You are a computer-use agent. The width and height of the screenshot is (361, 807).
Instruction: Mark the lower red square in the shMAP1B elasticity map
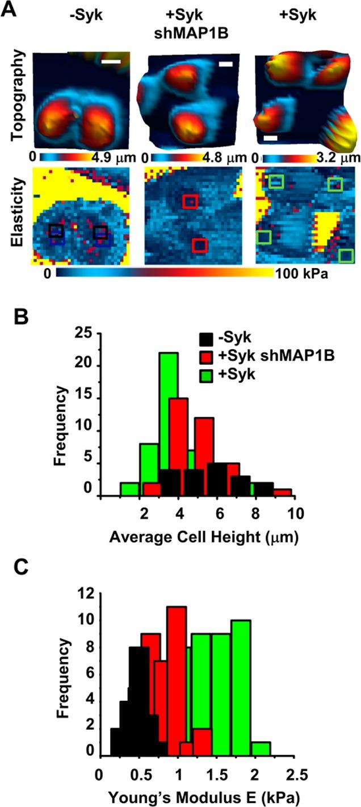pos(200,245)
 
